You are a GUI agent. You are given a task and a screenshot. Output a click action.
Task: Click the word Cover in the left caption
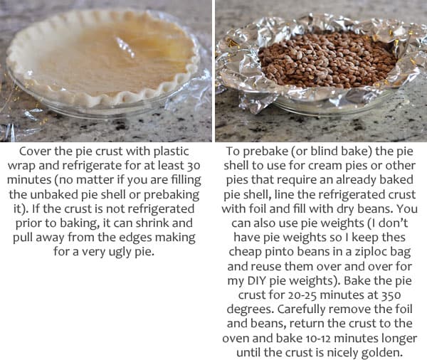coord(35,151)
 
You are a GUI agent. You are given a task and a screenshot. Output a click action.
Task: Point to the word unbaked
coord(58,196)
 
